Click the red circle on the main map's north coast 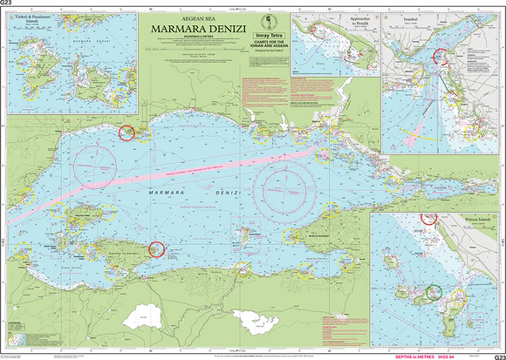pos(126,132)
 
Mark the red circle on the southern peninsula pos(156,249)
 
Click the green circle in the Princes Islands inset pos(435,292)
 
